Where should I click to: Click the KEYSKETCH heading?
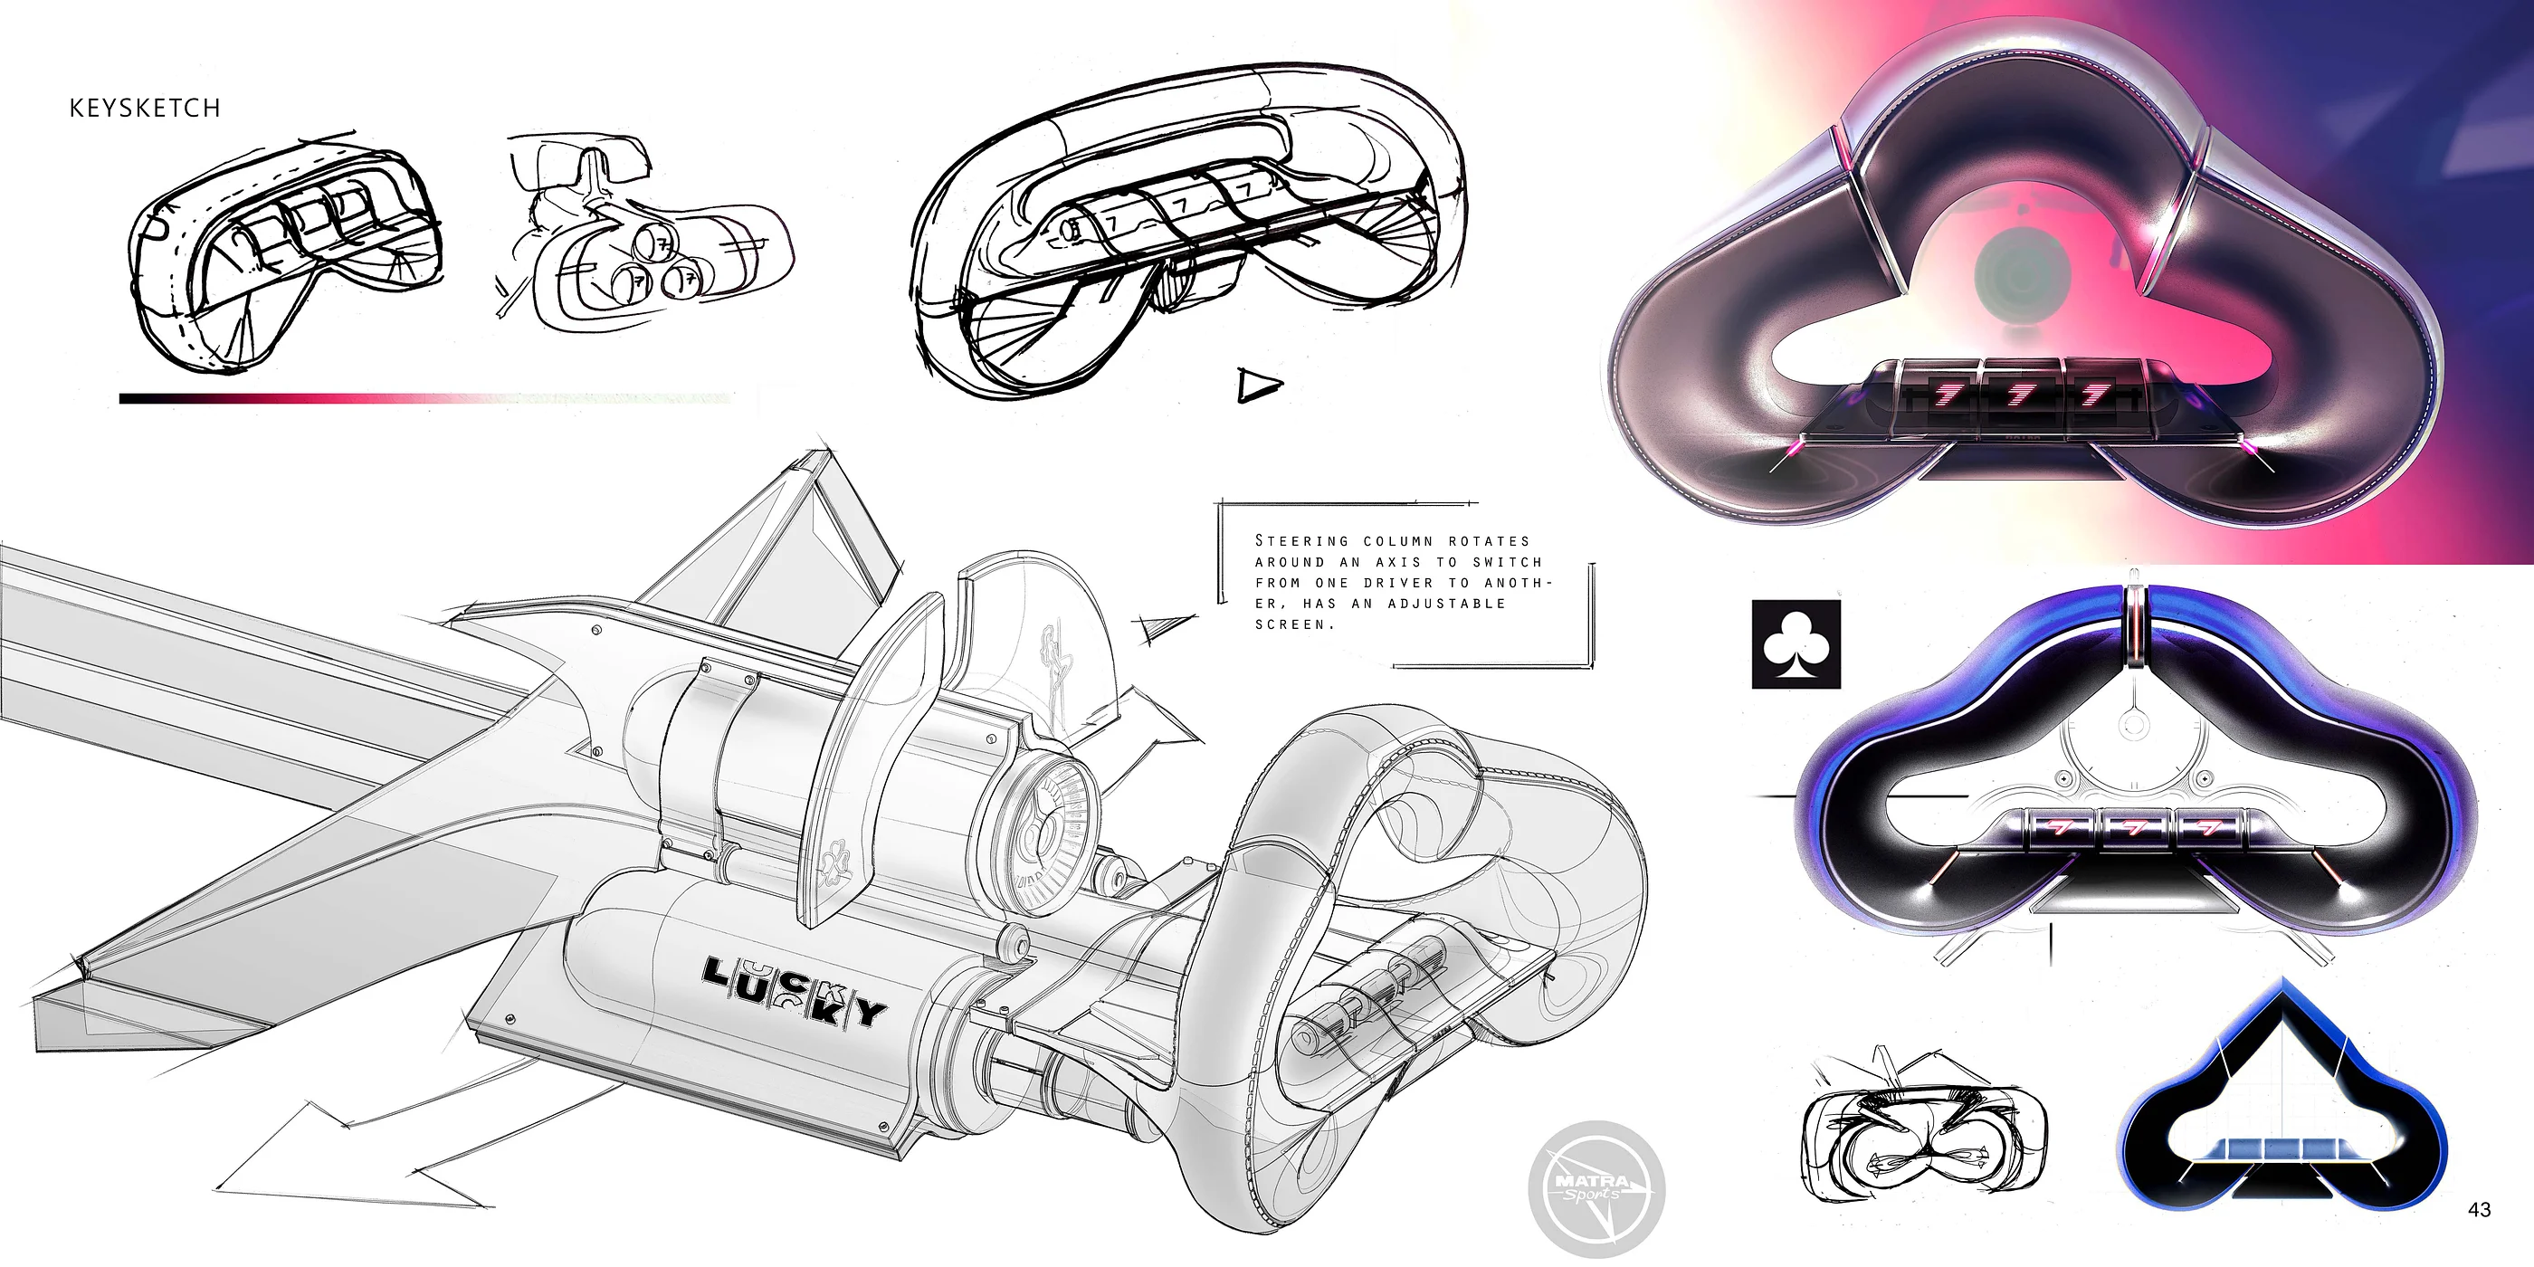click(x=145, y=109)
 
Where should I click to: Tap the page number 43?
click(x=2479, y=1209)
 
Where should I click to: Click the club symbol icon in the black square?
click(x=1796, y=644)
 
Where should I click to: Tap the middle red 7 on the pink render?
click(x=2021, y=395)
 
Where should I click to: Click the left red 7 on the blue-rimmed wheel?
click(x=2061, y=828)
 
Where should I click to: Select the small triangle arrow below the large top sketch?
click(x=1258, y=385)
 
